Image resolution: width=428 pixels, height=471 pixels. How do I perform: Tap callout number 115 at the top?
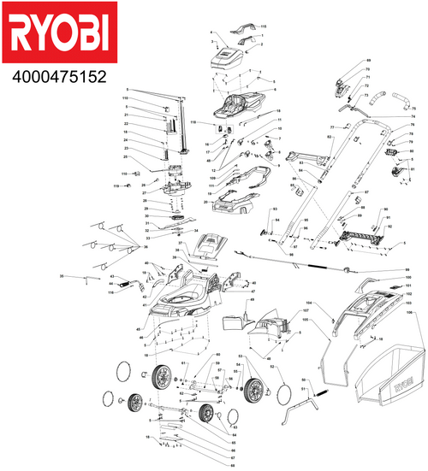tap(264, 28)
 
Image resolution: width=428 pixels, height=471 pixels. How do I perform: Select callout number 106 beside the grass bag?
tap(409, 313)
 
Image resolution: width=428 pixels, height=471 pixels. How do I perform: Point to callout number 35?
tap(62, 277)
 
